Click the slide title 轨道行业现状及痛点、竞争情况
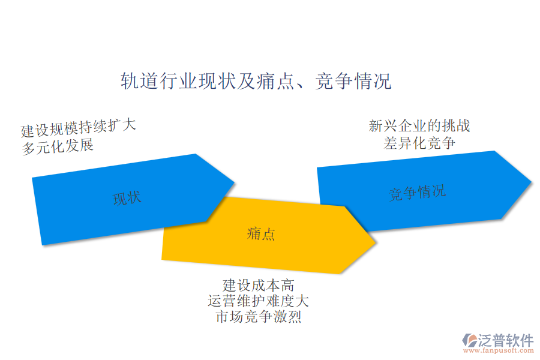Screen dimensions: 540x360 [x=256, y=81]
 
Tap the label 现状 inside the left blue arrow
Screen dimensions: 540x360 [x=127, y=199]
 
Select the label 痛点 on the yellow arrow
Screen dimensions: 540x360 [x=261, y=233]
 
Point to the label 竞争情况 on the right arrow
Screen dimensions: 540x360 [x=417, y=192]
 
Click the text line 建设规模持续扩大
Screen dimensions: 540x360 [x=78, y=128]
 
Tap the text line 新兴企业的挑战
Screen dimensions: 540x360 [x=419, y=126]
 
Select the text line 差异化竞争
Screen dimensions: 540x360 [x=419, y=143]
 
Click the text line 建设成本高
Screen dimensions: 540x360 [x=258, y=286]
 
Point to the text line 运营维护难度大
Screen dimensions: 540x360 [x=258, y=301]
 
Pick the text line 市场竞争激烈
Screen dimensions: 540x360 [x=258, y=317]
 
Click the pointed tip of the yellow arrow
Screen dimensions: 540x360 [x=375, y=242]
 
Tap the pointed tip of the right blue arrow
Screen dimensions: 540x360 [x=532, y=182]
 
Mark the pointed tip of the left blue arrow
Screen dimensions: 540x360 [x=234, y=182]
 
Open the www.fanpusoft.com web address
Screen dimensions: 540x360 [x=499, y=350]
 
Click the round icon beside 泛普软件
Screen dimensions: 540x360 [x=470, y=340]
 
